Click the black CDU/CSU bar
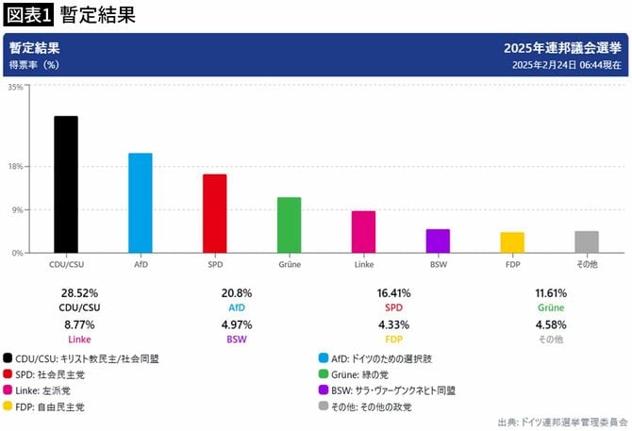click(x=65, y=185)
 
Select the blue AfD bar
click(x=140, y=203)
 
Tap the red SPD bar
click(x=214, y=213)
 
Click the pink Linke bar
click(x=363, y=232)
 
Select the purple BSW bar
click(x=438, y=240)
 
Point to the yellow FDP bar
click(x=512, y=242)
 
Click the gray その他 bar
click(x=587, y=241)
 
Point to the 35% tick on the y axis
click(x=15, y=87)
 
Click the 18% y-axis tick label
click(x=15, y=167)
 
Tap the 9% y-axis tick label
click(x=17, y=209)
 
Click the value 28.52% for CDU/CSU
click(x=79, y=293)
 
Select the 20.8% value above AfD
click(x=237, y=293)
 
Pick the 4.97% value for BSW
click(x=237, y=324)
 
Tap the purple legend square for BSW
click(x=324, y=390)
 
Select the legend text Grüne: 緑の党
click(x=370, y=373)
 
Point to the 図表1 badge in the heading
click(x=27, y=14)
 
